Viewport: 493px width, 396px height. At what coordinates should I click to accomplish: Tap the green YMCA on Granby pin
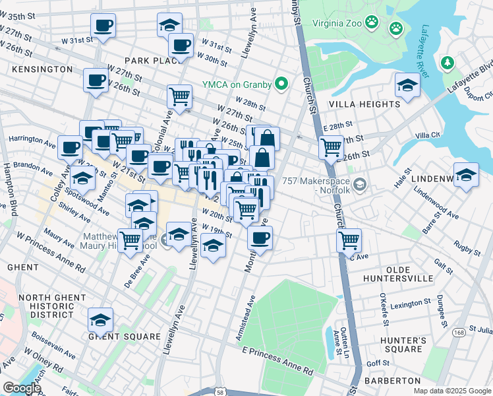pyautogui.click(x=282, y=84)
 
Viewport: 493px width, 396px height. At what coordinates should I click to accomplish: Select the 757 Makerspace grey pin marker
pyautogui.click(x=359, y=183)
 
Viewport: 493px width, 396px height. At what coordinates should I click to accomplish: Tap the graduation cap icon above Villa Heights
pyautogui.click(x=407, y=85)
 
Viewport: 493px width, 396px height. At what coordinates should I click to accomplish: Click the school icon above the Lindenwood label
pyautogui.click(x=466, y=175)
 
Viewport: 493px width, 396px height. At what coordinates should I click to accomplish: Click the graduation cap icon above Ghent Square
pyautogui.click(x=100, y=320)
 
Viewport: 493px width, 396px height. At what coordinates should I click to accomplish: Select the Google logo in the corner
pyautogui.click(x=22, y=388)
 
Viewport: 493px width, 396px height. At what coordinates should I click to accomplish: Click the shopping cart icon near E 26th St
pyautogui.click(x=331, y=147)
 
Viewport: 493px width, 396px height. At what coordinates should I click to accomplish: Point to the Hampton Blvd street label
pyautogui.click(x=11, y=189)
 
